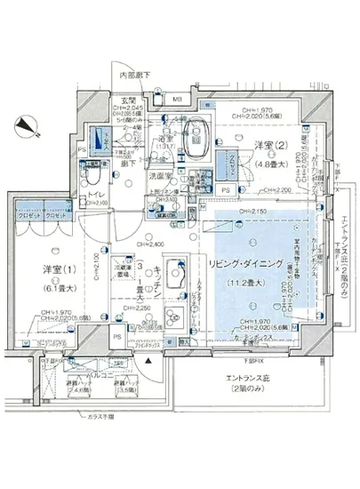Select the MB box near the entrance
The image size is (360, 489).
(x=177, y=99)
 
